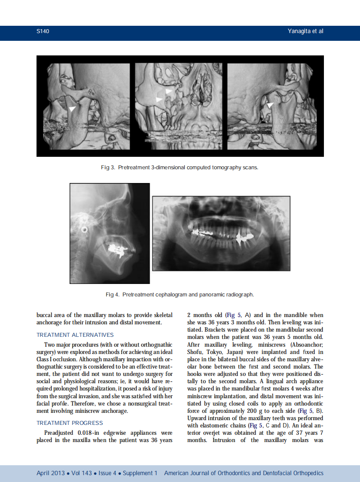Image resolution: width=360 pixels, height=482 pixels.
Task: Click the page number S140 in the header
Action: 43,31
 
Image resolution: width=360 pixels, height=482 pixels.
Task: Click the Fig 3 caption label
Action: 108,168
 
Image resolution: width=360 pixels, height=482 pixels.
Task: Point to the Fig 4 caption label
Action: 113,295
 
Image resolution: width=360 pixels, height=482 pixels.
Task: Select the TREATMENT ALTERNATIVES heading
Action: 75,335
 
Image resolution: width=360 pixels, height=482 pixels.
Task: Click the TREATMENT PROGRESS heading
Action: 70,423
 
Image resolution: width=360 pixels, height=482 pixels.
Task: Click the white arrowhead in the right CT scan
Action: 270,105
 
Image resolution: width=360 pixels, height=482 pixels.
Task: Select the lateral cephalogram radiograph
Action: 110,233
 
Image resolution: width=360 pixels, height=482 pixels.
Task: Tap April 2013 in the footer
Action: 51,473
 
